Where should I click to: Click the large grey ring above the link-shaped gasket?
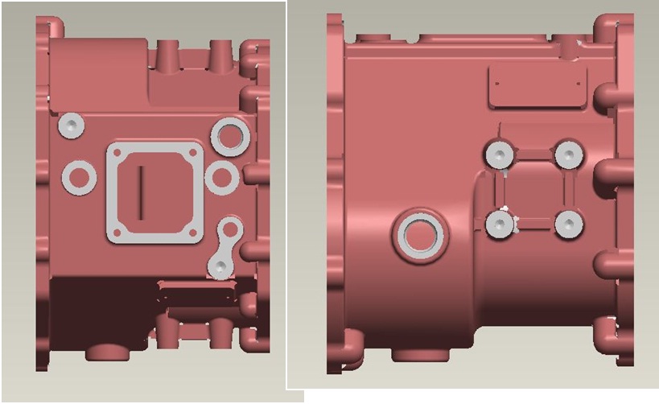pyautogui.click(x=229, y=136)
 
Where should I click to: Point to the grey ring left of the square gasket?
pyautogui.click(x=79, y=176)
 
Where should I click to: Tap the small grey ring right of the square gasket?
pyautogui.click(x=221, y=177)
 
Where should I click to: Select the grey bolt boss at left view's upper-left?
pyautogui.click(x=72, y=125)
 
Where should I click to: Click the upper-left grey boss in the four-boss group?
pyautogui.click(x=500, y=154)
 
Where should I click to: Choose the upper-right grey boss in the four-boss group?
pyautogui.click(x=569, y=153)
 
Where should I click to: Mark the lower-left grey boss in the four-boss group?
pyautogui.click(x=500, y=225)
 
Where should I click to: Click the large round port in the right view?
pyautogui.click(x=418, y=234)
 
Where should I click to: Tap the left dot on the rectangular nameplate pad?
pyautogui.click(x=498, y=83)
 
